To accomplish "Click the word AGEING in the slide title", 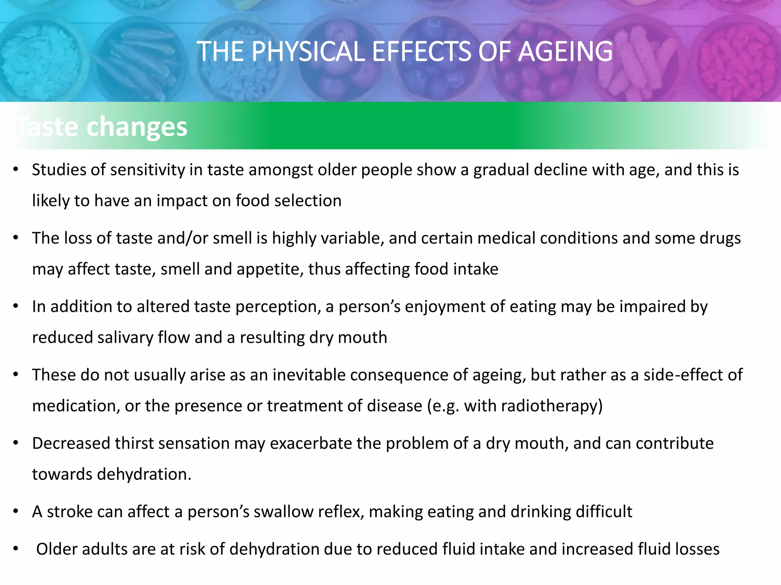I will point(565,51).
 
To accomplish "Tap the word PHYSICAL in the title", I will point(308,51).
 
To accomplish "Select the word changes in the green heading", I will point(137,127).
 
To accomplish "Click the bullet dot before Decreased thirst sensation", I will point(16,443).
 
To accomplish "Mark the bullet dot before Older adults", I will point(16,549).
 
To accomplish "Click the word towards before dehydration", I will point(62,475).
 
